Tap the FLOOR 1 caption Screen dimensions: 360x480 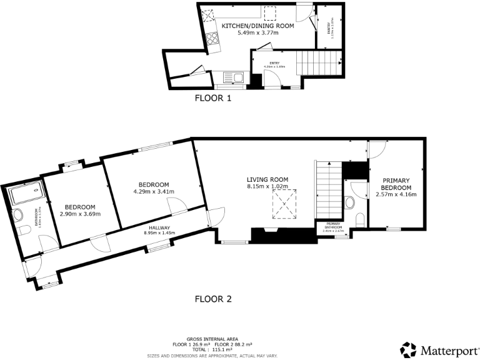tap(213, 98)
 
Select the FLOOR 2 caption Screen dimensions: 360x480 tap(213, 299)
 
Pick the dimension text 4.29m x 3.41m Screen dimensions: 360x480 tap(154, 192)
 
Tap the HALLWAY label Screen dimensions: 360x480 tap(159, 227)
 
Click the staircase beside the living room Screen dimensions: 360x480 tap(328, 187)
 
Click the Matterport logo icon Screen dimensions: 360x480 tap(409, 349)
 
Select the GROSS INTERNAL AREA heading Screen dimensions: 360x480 tap(212, 339)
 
